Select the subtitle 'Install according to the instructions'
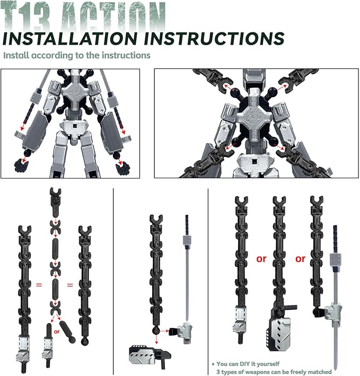click(77, 55)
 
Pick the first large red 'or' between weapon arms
click(261, 259)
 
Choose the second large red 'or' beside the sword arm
click(301, 259)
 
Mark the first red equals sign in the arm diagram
click(39, 285)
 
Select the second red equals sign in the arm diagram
click(70, 285)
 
